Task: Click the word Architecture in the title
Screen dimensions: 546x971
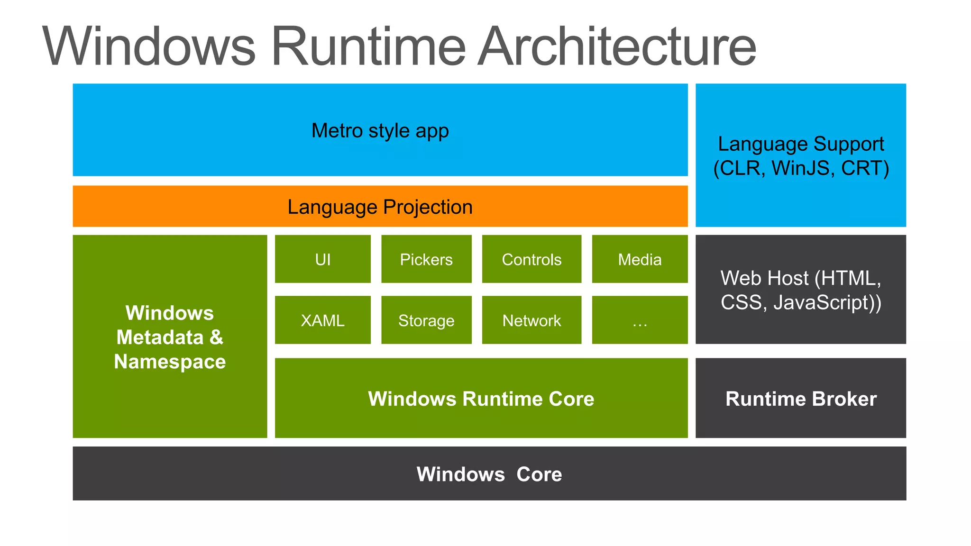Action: (616, 46)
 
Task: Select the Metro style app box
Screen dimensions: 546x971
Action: (380, 130)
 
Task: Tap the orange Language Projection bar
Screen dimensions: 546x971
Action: (380, 207)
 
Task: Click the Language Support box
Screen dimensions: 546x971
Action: (800, 155)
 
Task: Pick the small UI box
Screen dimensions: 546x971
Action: (322, 259)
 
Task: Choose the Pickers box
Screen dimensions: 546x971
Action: (426, 259)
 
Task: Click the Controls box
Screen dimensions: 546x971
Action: (531, 259)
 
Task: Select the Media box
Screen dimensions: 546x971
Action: (639, 259)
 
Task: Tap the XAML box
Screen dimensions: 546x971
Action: (322, 320)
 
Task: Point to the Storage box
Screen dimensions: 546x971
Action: (426, 320)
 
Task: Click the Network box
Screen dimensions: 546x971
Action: (531, 320)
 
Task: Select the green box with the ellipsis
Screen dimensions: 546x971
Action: (639, 320)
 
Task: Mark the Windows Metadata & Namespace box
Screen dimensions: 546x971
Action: (170, 337)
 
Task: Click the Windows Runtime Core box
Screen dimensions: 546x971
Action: (481, 398)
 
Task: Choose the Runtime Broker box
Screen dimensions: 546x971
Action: (800, 398)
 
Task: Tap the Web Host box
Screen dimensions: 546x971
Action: (800, 290)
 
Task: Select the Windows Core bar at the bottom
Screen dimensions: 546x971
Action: (489, 473)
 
